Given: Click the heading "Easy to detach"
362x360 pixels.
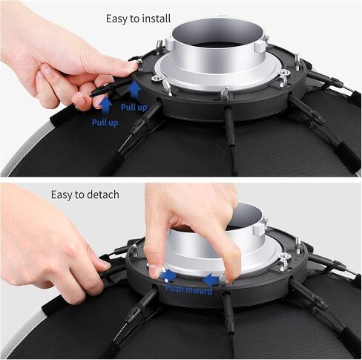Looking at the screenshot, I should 85,194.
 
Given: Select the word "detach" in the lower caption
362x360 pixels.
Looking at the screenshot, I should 103,194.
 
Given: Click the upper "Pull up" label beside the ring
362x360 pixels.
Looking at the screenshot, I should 134,108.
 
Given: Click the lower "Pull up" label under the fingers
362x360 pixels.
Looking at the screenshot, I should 105,121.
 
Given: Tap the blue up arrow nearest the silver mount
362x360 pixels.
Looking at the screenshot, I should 134,91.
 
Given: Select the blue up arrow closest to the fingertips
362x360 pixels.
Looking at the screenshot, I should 105,105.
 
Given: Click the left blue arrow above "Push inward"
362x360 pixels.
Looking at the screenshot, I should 169,275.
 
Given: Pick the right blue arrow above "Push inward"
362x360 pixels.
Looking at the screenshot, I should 211,279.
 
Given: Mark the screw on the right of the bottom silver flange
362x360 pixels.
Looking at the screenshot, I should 283,260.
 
